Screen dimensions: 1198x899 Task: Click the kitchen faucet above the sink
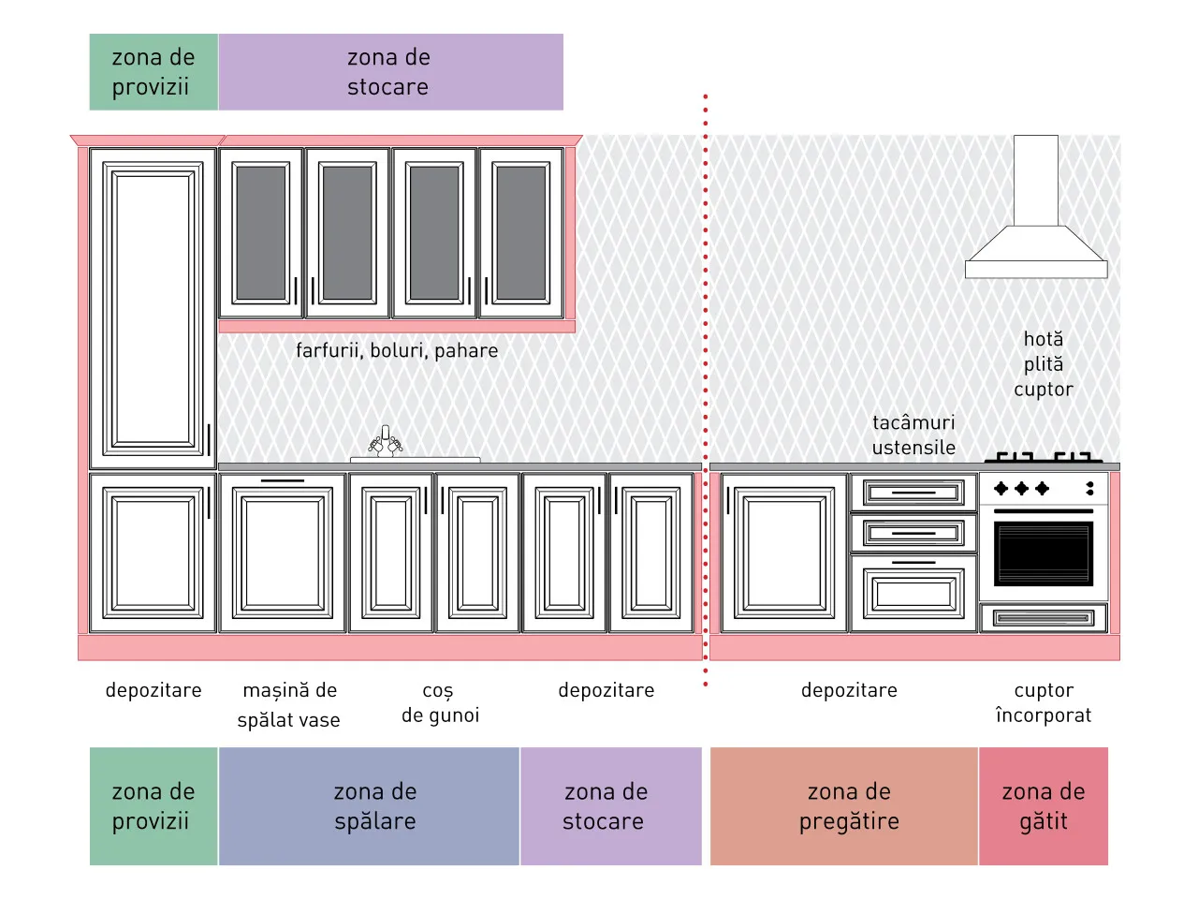click(386, 441)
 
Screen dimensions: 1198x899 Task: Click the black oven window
click(1043, 553)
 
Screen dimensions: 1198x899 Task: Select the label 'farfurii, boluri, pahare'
click(397, 350)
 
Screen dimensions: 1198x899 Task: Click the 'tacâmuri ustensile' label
click(913, 435)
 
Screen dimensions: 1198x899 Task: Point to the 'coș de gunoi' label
click(440, 702)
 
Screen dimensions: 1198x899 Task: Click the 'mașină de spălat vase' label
click(288, 704)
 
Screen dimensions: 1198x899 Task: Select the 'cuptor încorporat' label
click(1044, 702)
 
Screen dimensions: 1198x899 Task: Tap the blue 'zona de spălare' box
click(369, 805)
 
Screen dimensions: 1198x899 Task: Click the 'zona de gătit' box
click(1044, 805)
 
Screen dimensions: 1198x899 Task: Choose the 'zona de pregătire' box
click(844, 805)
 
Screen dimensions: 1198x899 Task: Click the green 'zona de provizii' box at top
click(153, 72)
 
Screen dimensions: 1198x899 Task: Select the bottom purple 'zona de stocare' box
click(611, 805)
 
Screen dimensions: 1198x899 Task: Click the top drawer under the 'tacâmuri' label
click(913, 493)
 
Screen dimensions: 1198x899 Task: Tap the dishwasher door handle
click(282, 481)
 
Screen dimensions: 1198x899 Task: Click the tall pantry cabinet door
click(153, 308)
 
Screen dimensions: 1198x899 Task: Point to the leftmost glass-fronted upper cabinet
click(261, 233)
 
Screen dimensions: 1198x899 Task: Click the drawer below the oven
click(1044, 618)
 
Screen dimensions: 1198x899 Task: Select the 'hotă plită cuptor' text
click(1044, 364)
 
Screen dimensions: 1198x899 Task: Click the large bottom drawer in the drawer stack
click(913, 594)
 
